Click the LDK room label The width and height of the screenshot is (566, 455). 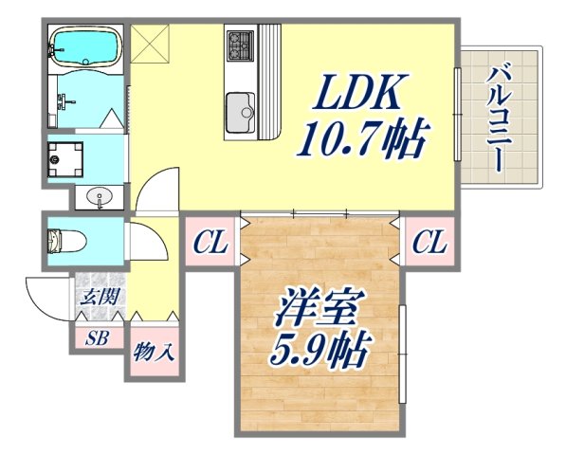coord(361,96)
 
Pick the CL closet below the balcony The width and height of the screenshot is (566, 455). coord(429,245)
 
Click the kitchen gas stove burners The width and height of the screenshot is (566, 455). coord(239,43)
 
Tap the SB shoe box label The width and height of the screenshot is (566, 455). coord(96,336)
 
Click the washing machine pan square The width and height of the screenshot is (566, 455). coord(66,157)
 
